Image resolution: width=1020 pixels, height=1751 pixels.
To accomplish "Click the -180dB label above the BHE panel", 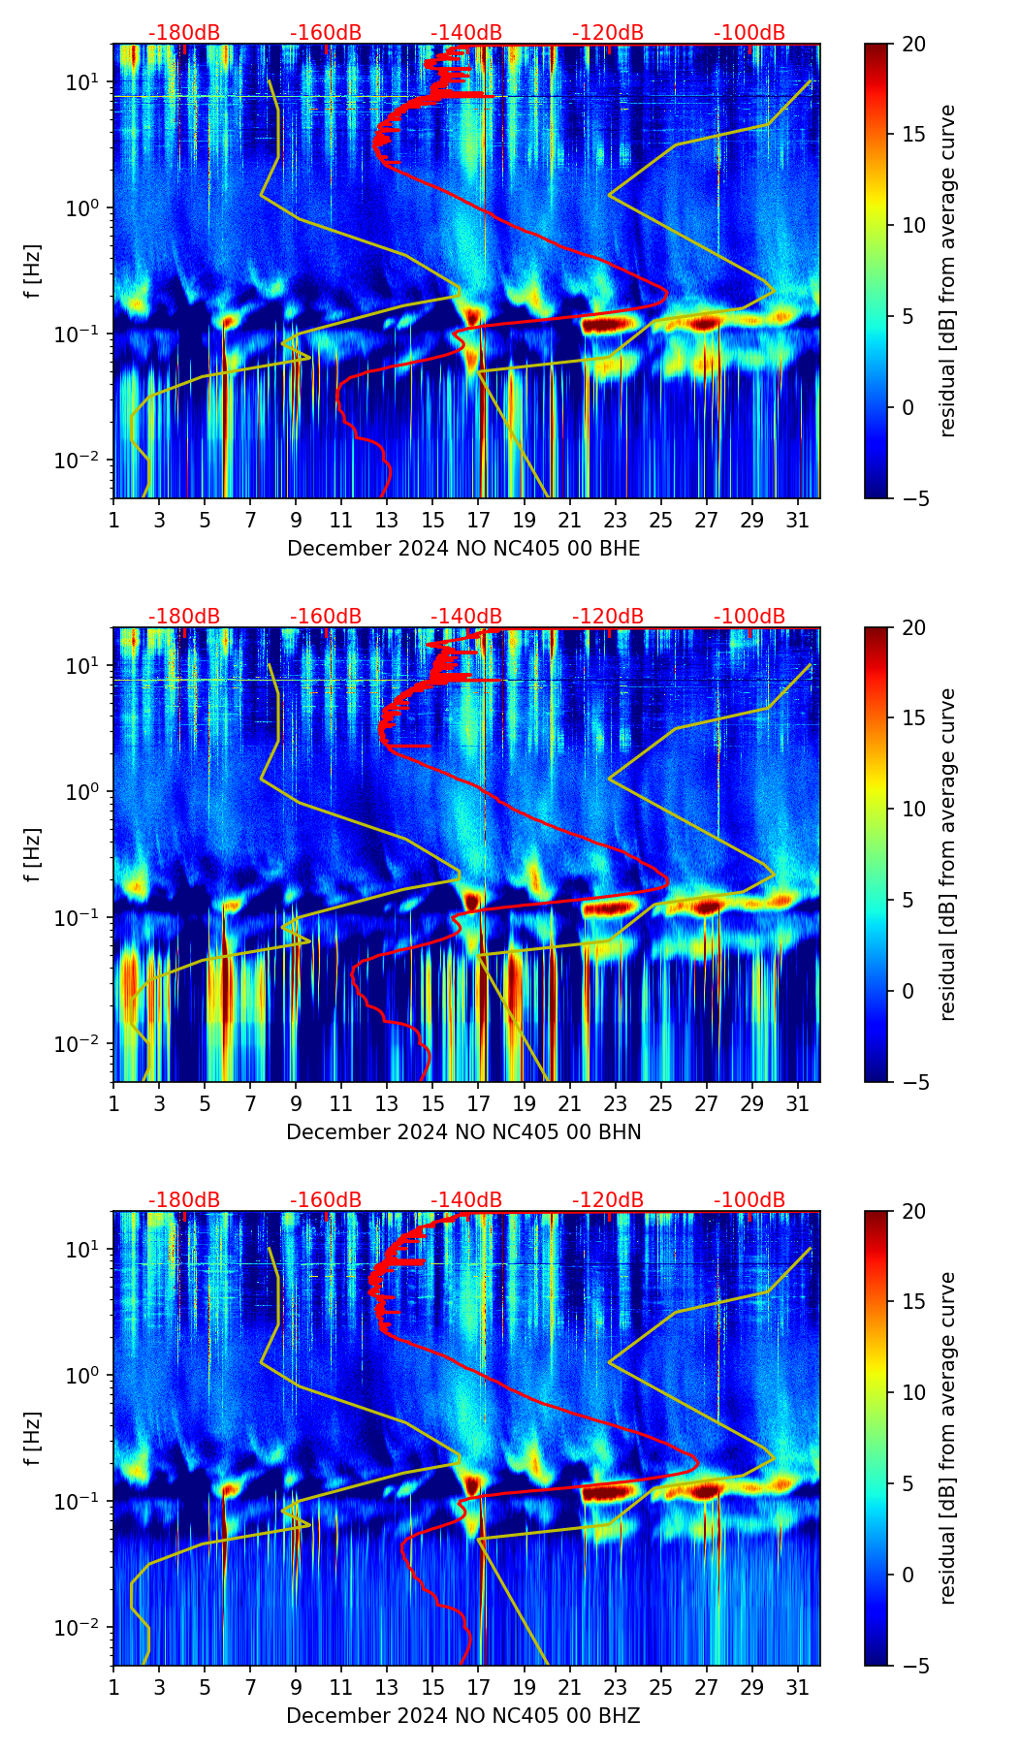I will pyautogui.click(x=184, y=33).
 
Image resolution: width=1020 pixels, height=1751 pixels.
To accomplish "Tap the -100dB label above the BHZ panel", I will pyautogui.click(x=749, y=1200).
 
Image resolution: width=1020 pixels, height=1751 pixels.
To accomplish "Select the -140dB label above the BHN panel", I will pyautogui.click(x=466, y=617).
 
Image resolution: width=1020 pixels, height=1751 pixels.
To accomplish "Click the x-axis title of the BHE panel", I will pyautogui.click(x=463, y=549).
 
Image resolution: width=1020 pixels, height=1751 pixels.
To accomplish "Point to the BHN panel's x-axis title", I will pyautogui.click(x=463, y=1132).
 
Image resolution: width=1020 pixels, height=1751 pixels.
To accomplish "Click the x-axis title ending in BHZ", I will pyautogui.click(x=463, y=1716).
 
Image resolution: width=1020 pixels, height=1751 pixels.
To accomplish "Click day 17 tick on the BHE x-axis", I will pyautogui.click(x=478, y=520).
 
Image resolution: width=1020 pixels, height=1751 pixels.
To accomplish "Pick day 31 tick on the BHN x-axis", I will pyautogui.click(x=798, y=1103).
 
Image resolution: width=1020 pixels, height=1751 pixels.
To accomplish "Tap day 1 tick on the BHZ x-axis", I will pyautogui.click(x=113, y=1687).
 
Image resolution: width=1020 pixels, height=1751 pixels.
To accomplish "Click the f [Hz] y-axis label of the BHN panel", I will pyautogui.click(x=33, y=854).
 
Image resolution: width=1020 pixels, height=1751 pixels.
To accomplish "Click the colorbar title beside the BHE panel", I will pyautogui.click(x=947, y=271).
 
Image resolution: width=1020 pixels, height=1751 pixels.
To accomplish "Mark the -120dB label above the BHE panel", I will pyautogui.click(x=608, y=33).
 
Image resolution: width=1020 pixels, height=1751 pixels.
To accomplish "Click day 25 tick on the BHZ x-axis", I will pyautogui.click(x=661, y=1687).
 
